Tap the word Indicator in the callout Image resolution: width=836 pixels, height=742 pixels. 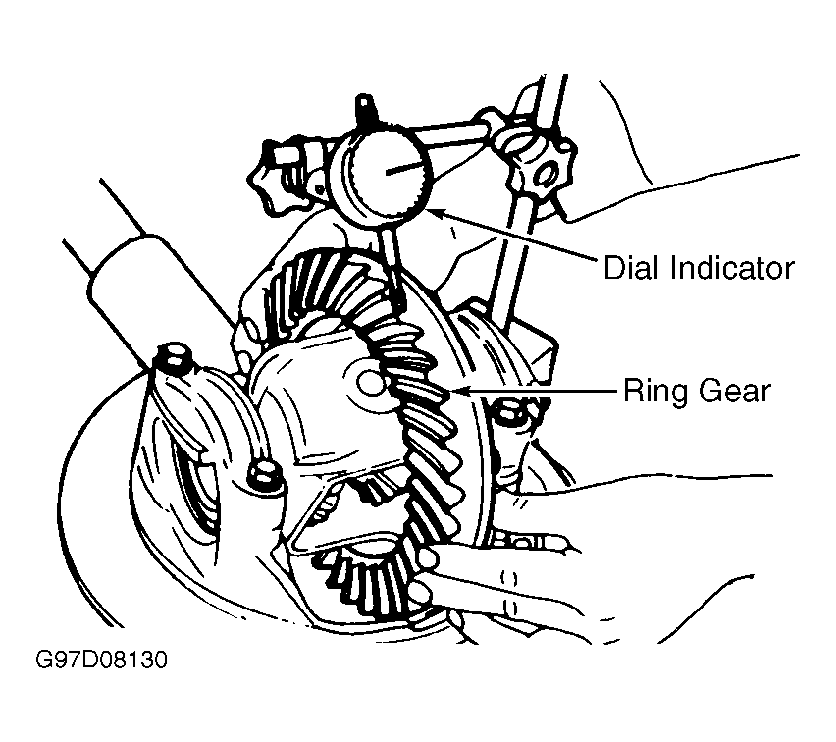coord(733,267)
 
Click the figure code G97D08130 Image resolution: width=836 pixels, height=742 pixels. coord(101,660)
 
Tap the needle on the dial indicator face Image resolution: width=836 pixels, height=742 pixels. coord(405,169)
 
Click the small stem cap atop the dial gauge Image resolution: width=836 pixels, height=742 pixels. coord(365,107)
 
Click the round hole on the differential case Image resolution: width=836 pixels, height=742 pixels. coord(371,383)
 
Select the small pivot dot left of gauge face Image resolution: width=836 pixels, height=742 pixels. coord(319,187)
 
